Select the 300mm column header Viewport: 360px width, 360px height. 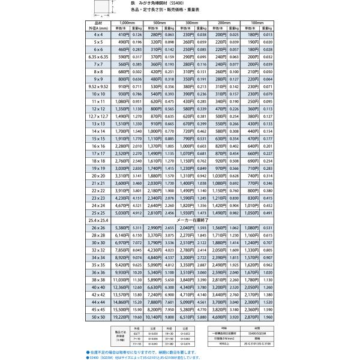point(191,22)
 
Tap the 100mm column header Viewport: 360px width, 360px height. point(256,22)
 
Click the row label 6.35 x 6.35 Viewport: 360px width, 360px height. point(98,57)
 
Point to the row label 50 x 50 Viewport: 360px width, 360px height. point(98,316)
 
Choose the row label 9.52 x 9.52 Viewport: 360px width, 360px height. point(98,86)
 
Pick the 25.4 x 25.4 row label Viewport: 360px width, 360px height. point(98,220)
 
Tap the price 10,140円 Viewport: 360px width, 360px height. point(153,316)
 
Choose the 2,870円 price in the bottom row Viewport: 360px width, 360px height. point(248,316)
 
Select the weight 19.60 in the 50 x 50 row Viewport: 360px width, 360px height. point(137,316)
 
